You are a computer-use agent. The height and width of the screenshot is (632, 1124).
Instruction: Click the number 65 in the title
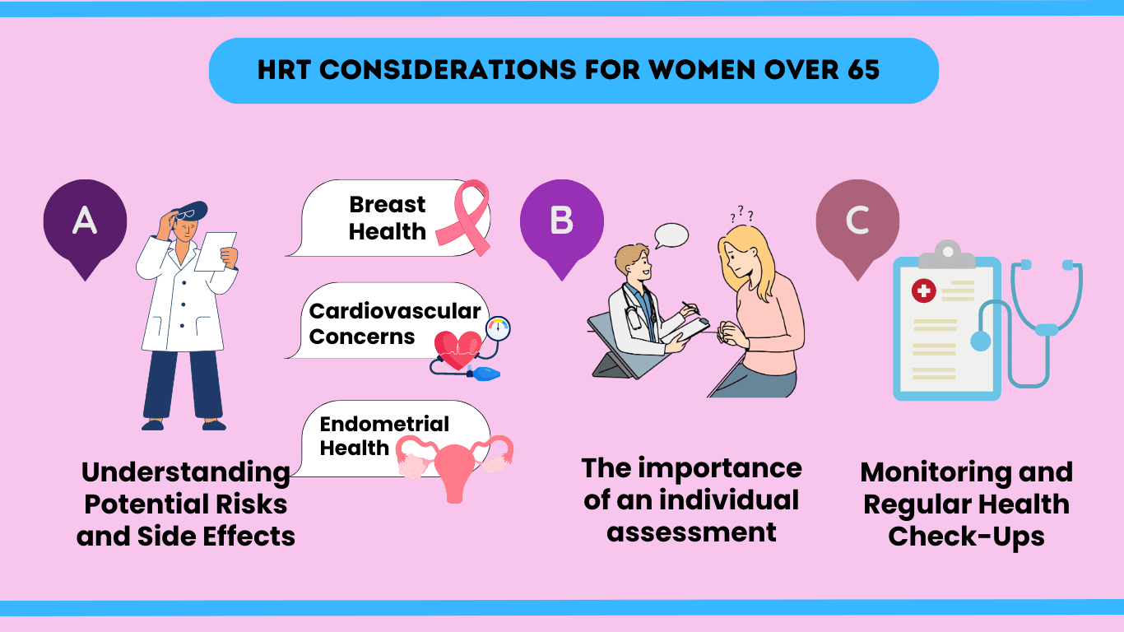click(862, 70)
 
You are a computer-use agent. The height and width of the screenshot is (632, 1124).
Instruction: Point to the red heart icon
click(457, 349)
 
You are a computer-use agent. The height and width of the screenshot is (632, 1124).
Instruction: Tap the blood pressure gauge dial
click(499, 328)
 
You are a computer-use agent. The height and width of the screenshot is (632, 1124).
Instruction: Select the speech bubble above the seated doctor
click(671, 235)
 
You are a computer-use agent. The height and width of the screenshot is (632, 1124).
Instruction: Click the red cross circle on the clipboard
click(924, 290)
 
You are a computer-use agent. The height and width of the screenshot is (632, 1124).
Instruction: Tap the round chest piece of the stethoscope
click(981, 342)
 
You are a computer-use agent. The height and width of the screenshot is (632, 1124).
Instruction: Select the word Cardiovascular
click(394, 311)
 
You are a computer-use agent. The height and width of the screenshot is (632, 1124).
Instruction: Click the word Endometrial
click(384, 424)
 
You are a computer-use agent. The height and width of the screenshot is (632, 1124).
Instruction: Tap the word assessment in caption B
click(691, 532)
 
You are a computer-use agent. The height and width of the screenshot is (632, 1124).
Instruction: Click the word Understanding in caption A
click(186, 472)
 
